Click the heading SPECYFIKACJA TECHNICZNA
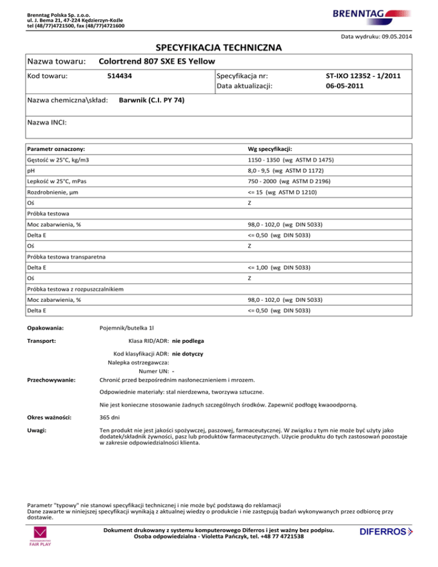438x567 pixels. [218, 48]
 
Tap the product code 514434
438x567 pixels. [120, 76]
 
